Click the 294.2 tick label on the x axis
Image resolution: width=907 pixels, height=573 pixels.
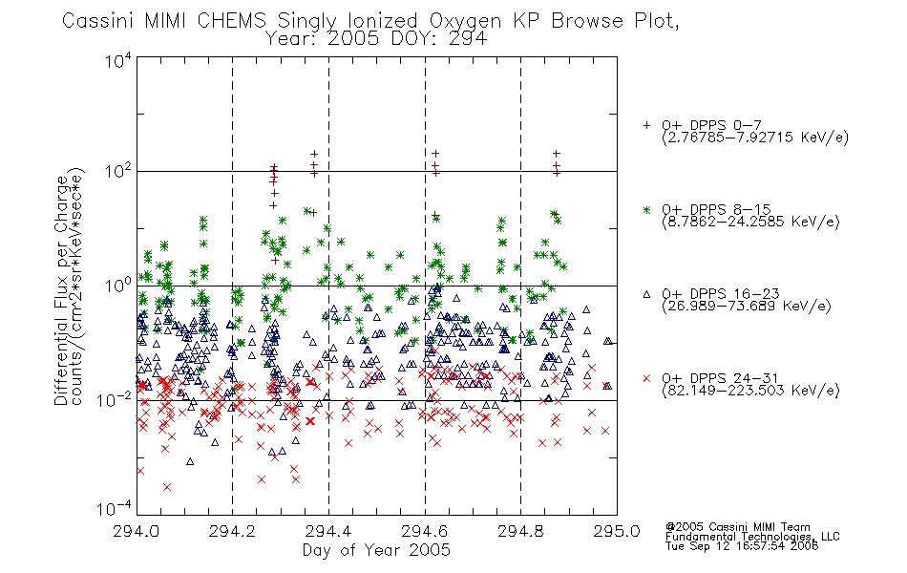(x=233, y=531)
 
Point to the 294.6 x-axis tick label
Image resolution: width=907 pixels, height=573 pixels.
(x=425, y=531)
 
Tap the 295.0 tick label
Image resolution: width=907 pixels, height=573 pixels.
(x=617, y=531)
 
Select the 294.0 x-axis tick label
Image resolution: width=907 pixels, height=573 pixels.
(x=137, y=531)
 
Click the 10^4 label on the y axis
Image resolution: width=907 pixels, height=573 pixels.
(x=118, y=60)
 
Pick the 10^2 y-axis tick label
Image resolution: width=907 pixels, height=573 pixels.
(x=118, y=171)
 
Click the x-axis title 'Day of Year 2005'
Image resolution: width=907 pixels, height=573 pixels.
(x=376, y=550)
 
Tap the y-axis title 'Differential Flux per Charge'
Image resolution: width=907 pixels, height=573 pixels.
(x=62, y=290)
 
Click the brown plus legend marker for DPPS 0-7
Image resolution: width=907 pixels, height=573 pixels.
(x=646, y=125)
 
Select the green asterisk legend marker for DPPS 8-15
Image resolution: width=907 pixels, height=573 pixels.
(x=646, y=209)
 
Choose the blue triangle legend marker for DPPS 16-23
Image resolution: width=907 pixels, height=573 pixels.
(x=646, y=294)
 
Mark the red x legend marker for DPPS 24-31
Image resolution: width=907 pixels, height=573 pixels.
(x=646, y=378)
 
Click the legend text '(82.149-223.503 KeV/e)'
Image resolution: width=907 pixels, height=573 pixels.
(x=750, y=391)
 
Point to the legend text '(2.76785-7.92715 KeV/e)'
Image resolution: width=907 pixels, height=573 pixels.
(x=755, y=138)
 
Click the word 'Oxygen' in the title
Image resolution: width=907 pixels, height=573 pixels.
(x=465, y=21)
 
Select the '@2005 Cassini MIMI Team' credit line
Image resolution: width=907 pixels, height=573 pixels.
(x=737, y=527)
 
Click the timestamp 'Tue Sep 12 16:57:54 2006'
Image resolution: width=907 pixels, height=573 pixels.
(x=742, y=546)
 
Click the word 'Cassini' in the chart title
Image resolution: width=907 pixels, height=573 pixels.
(x=98, y=21)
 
